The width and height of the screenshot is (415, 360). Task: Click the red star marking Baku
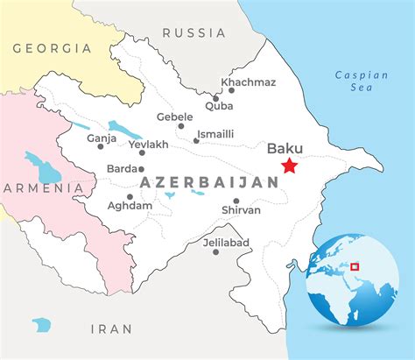click(x=289, y=166)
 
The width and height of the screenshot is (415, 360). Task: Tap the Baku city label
click(x=285, y=149)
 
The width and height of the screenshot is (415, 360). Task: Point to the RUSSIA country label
click(x=193, y=32)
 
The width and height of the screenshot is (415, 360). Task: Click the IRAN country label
click(x=111, y=328)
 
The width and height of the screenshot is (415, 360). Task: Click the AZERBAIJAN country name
click(x=209, y=182)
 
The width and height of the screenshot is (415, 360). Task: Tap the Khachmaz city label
click(x=248, y=82)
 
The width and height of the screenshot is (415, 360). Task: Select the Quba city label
click(x=219, y=105)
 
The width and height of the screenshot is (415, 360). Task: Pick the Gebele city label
click(x=174, y=116)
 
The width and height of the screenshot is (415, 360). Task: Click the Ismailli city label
click(x=215, y=133)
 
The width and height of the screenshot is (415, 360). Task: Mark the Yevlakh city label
click(x=148, y=144)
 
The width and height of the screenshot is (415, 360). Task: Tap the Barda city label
click(x=123, y=168)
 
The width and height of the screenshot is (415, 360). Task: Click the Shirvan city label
click(x=242, y=210)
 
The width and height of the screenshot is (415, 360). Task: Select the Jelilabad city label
click(x=226, y=242)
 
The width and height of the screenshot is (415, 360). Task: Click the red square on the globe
click(x=355, y=267)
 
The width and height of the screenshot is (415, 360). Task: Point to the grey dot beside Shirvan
click(x=236, y=201)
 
